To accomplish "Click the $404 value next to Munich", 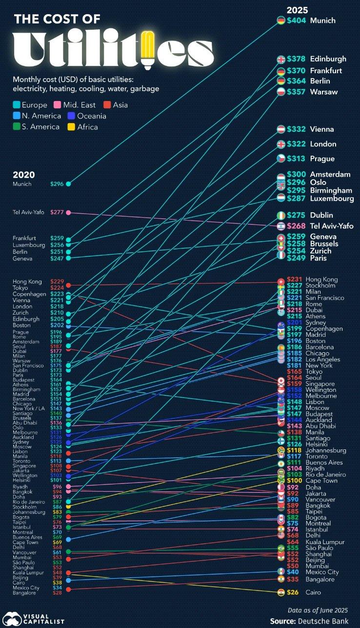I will [x=296, y=20].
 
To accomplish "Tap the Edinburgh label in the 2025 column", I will [x=328, y=59].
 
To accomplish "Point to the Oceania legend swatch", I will [x=70, y=116].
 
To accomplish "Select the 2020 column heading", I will [x=24, y=175].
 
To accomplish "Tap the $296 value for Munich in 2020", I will [x=57, y=184].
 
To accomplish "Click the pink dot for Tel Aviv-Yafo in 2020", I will [x=68, y=212].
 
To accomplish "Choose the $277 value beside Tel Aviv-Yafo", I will [x=57, y=212].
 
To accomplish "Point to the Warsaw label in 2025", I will [x=323, y=92].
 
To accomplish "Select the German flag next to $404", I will [x=281, y=20].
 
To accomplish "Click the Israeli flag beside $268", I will [x=281, y=226].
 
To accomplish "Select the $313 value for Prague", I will [x=296, y=159].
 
